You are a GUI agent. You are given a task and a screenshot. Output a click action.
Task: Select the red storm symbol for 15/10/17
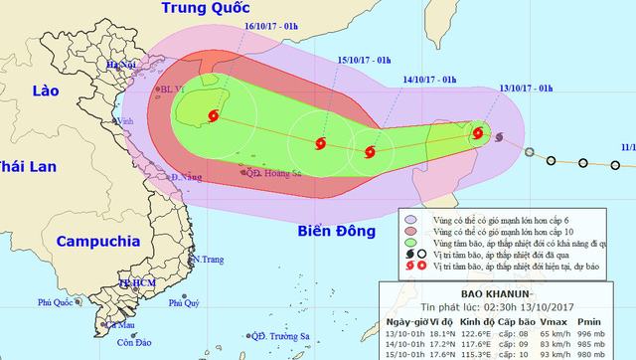(x=319, y=144)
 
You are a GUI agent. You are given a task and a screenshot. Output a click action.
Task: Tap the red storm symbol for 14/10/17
(x=371, y=153)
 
